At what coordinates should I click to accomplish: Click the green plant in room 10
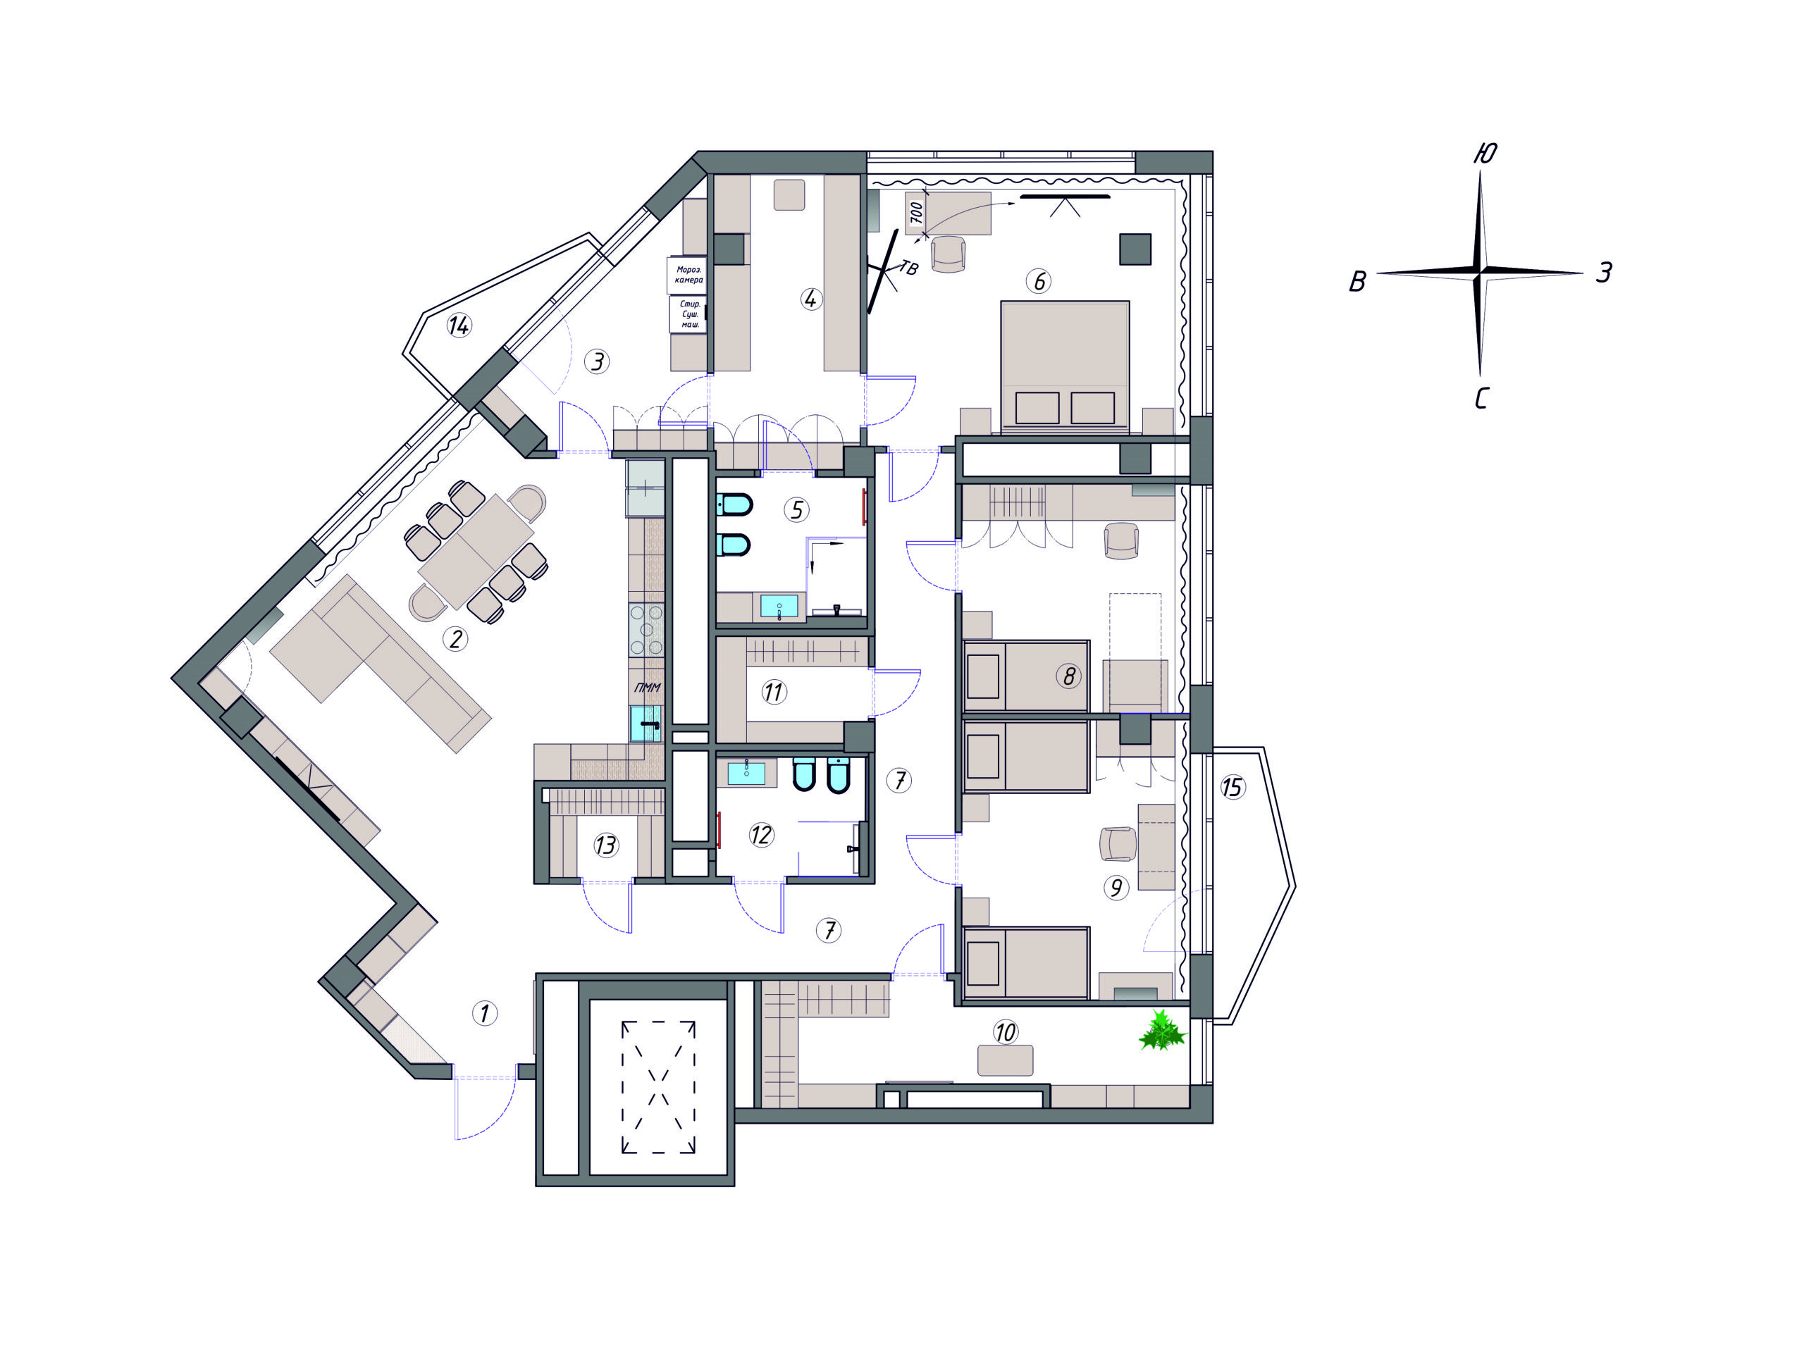click(1161, 1031)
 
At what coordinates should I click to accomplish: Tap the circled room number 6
click(1038, 281)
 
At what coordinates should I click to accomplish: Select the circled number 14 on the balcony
click(459, 326)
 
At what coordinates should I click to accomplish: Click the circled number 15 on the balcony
click(1232, 787)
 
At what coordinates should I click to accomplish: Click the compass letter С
click(1482, 399)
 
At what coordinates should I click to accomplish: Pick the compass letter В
click(1357, 281)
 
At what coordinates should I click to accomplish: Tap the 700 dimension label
click(916, 212)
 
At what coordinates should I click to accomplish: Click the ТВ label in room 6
click(908, 268)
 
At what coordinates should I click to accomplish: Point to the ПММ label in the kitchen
click(648, 688)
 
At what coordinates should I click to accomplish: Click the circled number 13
click(606, 845)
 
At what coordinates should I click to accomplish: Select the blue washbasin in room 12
click(746, 772)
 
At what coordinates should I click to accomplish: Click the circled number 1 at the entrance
click(484, 1014)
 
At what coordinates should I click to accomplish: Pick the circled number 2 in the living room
click(455, 638)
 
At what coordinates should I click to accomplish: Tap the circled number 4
click(810, 299)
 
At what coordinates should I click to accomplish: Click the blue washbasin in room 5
click(779, 606)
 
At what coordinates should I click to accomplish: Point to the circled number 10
click(1005, 1032)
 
